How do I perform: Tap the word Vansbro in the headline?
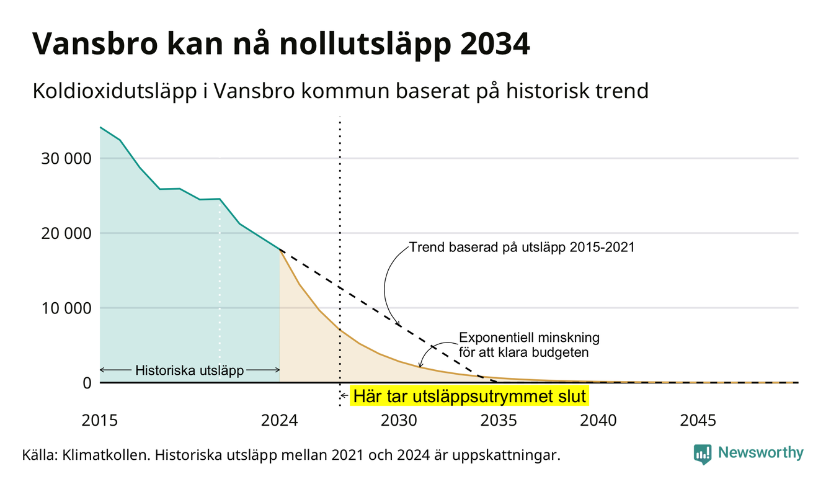click(x=95, y=44)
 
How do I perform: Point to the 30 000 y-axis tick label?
click(x=66, y=159)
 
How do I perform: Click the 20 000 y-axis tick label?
click(x=66, y=234)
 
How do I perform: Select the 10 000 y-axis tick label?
click(x=66, y=308)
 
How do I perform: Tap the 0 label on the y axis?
click(x=87, y=383)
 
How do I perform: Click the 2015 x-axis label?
click(x=100, y=421)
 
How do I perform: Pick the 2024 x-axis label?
click(x=279, y=421)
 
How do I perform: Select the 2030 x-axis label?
click(x=399, y=421)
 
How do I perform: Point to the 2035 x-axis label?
click(x=499, y=421)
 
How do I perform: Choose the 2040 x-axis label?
click(x=598, y=421)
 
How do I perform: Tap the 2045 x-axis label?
click(x=698, y=421)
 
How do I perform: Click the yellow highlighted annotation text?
click(x=469, y=397)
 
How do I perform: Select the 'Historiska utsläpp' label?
click(x=190, y=370)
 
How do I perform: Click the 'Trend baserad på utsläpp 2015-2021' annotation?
click(x=522, y=247)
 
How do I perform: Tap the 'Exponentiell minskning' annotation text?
click(x=529, y=338)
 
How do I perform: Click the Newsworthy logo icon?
click(x=703, y=454)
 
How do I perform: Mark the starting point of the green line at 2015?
click(x=100, y=127)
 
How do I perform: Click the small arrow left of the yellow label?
click(x=344, y=396)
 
